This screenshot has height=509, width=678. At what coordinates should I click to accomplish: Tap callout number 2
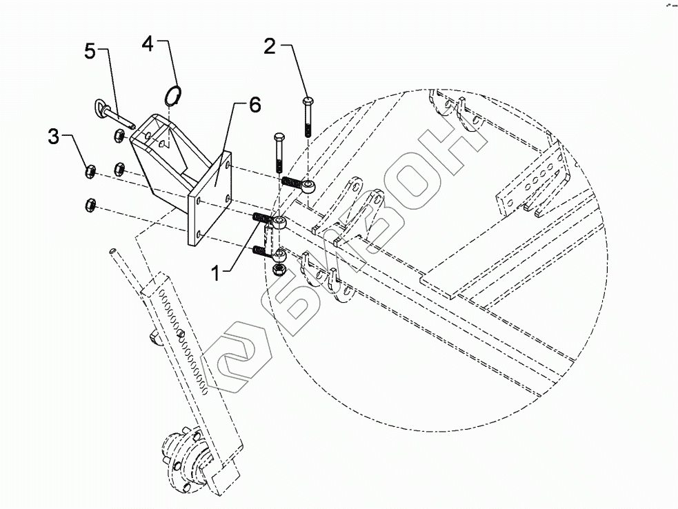point(270,47)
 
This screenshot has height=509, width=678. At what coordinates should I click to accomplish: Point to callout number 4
point(147,43)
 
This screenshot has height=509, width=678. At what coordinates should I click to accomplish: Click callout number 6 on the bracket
point(255,105)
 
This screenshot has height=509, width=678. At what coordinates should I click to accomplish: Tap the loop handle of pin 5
point(98,108)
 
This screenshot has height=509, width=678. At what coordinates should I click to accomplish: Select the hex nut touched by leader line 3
point(89,170)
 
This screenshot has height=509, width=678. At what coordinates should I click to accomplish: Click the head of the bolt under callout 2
point(306,102)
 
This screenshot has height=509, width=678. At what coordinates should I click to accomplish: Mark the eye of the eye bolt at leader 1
point(280,222)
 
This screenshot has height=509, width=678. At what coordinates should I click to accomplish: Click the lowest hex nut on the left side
point(89,203)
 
